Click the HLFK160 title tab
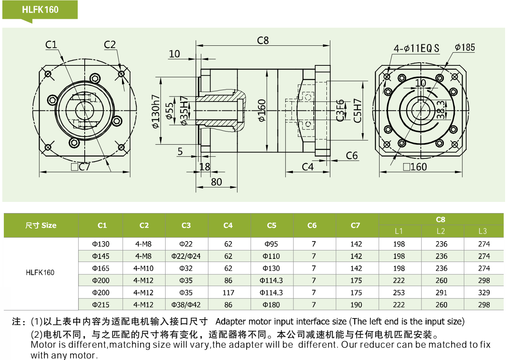(x=40, y=10)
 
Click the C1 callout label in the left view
(x=51, y=45)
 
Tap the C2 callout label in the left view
(x=110, y=45)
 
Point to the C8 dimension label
(x=263, y=40)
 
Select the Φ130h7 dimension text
(x=156, y=111)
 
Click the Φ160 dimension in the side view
(x=262, y=111)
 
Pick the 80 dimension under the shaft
(x=216, y=182)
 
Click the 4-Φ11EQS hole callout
(x=416, y=48)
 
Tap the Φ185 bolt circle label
(x=465, y=47)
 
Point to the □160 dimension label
(x=415, y=167)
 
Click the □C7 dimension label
(x=80, y=167)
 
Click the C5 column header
(x=271, y=225)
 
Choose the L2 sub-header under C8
(x=441, y=231)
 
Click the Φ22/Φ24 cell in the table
(x=186, y=256)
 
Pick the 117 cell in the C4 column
(x=228, y=293)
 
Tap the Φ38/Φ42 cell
(x=186, y=305)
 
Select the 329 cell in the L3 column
(x=484, y=293)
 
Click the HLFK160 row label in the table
(x=40, y=273)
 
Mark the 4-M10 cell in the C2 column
(x=143, y=268)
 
